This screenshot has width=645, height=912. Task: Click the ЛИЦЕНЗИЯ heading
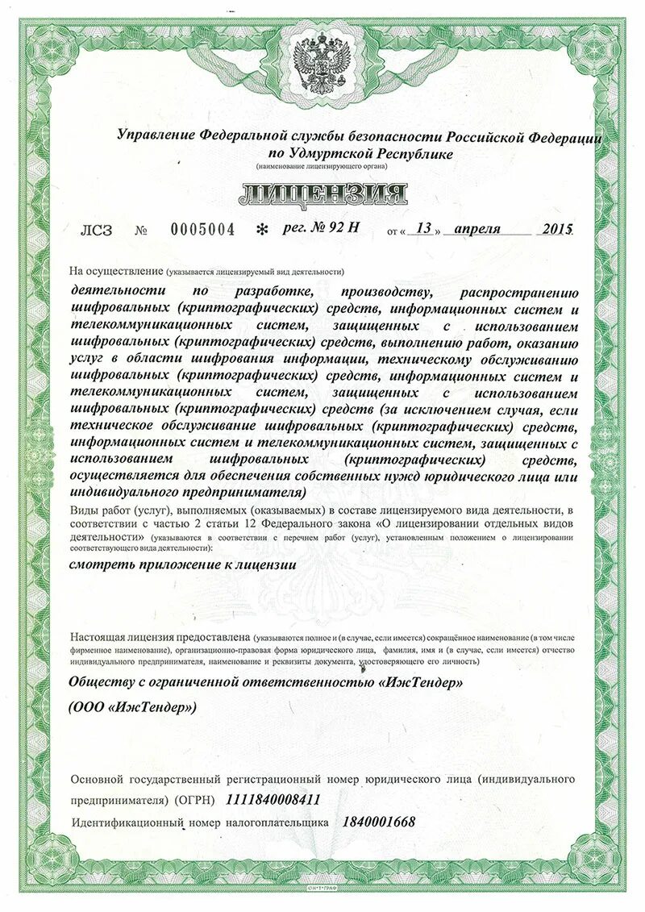point(322,194)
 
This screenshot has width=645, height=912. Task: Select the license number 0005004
point(202,230)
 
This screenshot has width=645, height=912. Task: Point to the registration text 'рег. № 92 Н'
point(321,227)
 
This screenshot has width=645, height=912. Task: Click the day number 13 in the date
point(422,228)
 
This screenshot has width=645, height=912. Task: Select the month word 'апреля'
point(477,228)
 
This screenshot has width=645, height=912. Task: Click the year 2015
point(557,228)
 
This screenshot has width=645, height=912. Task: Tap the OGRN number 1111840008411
point(273,800)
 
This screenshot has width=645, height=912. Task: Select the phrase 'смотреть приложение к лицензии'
point(183,565)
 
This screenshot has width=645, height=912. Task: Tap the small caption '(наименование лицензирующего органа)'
point(322,167)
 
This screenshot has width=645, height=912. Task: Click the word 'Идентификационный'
point(127,822)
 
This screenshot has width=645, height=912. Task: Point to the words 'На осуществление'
point(116,271)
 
